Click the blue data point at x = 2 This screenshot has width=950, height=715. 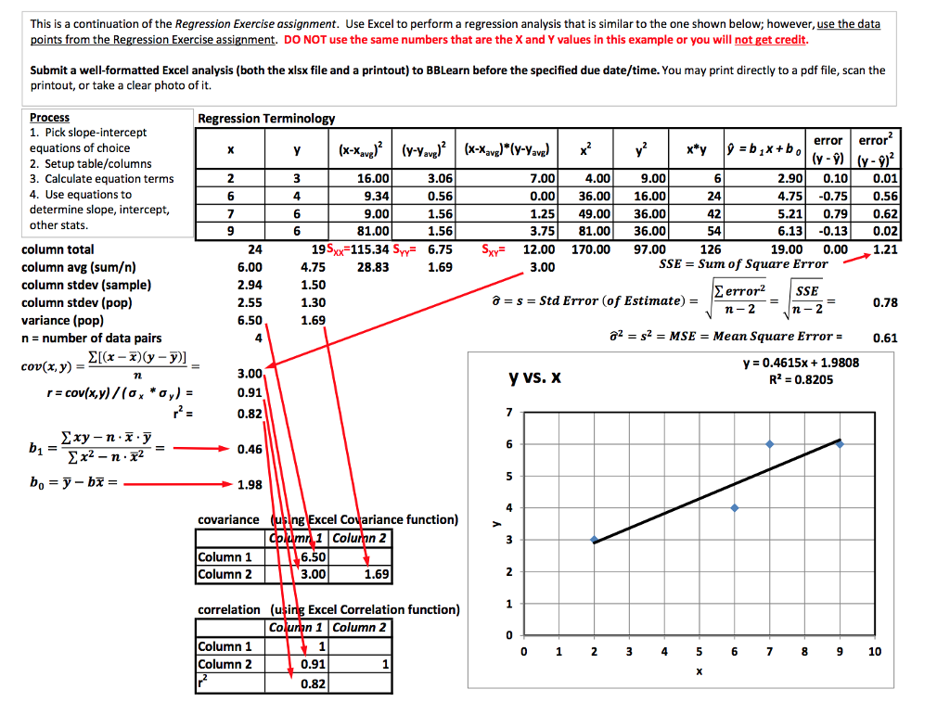coord(594,540)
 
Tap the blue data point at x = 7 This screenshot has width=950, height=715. coord(770,444)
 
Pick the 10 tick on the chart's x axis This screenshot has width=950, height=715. coord(875,652)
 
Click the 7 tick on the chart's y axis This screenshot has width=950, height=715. coord(507,412)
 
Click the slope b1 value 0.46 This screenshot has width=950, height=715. coord(249,449)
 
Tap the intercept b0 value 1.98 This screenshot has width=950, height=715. coord(249,484)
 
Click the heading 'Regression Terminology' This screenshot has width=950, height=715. coord(266,119)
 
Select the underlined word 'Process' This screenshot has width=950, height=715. coord(49,118)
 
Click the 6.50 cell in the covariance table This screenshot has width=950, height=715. coord(314,557)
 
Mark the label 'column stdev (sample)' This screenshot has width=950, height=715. coord(86,285)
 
